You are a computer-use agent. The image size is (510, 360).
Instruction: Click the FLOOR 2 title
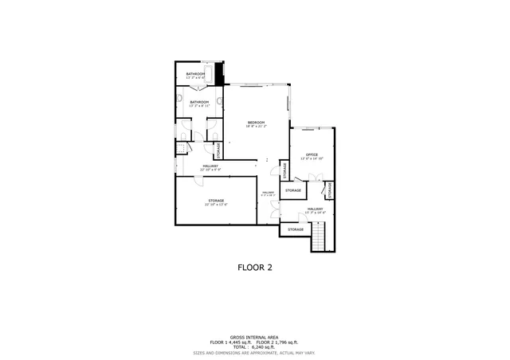click(x=255, y=268)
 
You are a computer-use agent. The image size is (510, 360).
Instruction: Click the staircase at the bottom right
click(x=320, y=237)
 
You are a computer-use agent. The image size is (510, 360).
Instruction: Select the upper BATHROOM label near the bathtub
click(x=195, y=75)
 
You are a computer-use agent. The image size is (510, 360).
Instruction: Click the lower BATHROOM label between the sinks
click(x=199, y=103)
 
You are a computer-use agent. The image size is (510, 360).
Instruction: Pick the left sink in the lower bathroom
click(x=181, y=100)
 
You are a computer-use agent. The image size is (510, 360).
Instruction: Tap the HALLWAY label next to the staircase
click(x=316, y=210)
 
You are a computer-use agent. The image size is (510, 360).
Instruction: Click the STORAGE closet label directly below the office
click(x=293, y=190)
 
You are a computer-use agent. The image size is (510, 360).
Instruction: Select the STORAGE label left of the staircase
click(x=296, y=229)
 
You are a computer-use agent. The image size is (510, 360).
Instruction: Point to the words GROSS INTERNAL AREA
click(x=255, y=336)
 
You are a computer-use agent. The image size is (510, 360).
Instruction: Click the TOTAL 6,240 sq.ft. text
click(x=255, y=346)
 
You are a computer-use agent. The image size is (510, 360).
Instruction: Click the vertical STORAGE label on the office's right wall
click(x=329, y=190)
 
